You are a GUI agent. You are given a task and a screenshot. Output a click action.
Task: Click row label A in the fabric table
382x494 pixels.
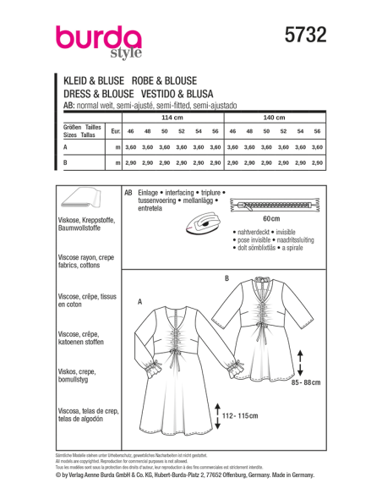point(66,147)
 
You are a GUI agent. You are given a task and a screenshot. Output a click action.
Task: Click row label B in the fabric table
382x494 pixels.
point(66,161)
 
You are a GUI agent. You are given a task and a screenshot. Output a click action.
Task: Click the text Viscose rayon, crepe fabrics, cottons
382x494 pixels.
point(88,263)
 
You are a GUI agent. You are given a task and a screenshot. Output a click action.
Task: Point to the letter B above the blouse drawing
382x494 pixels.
point(226,278)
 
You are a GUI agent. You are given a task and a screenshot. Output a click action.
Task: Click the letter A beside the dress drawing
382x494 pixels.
point(139,300)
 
